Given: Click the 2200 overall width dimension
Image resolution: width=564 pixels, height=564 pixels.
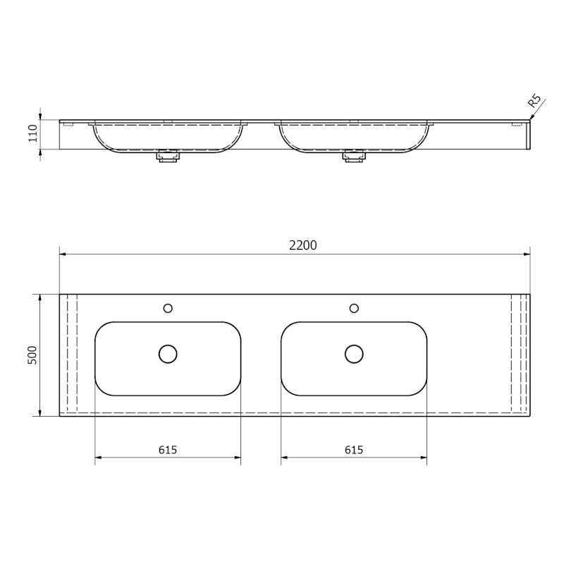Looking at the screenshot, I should click(302, 245).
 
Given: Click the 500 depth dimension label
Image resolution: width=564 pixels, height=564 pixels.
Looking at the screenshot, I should click(32, 355).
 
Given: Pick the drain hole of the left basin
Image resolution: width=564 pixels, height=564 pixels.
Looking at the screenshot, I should click(168, 354).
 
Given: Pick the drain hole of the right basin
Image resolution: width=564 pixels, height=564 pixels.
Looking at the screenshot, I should click(354, 354).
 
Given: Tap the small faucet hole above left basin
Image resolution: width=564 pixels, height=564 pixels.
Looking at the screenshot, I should click(168, 308).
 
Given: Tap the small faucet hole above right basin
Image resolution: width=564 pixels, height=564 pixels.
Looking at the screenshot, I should click(354, 308).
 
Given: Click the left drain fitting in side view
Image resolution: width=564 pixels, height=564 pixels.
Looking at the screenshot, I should click(167, 155).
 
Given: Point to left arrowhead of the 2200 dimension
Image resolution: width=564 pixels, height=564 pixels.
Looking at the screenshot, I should click(63, 253).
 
